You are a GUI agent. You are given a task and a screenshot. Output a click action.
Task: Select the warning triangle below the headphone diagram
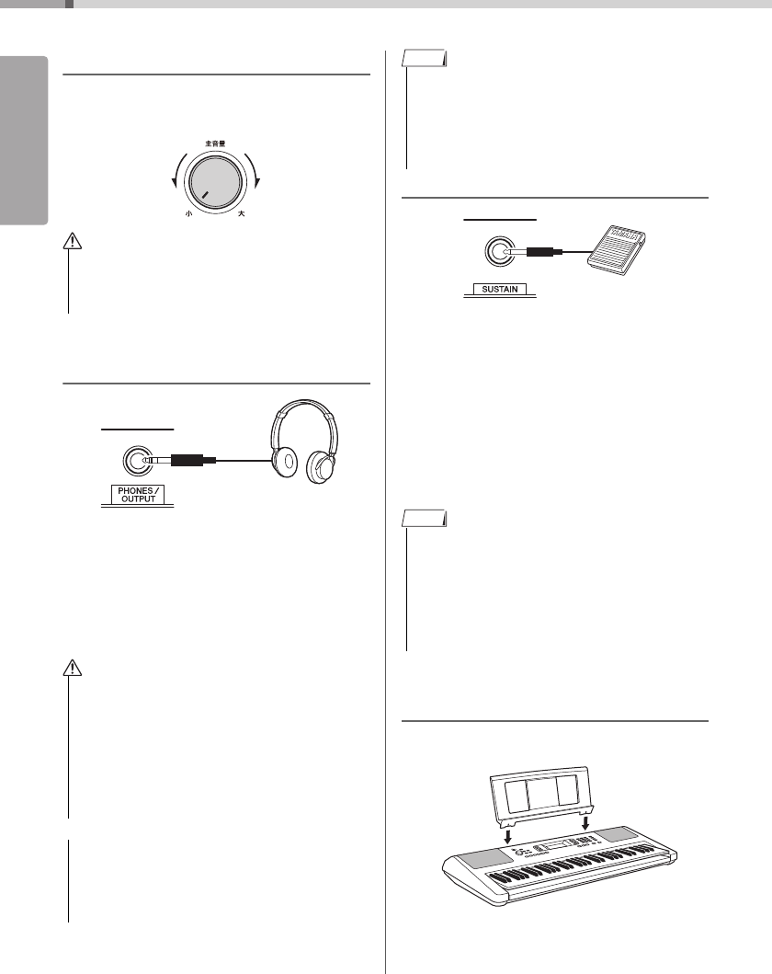[x=69, y=667]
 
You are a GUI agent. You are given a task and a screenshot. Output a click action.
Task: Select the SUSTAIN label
[x=499, y=290]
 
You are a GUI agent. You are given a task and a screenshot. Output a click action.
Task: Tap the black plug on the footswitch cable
[x=546, y=252]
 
